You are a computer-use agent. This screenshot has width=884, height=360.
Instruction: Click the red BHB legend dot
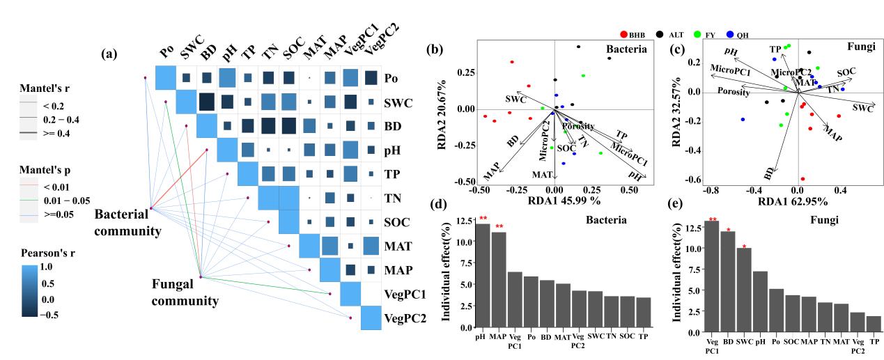click(624, 33)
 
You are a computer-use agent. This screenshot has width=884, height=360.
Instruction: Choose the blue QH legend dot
click(729, 33)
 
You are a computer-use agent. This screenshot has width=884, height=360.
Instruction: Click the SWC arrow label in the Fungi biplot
click(862, 109)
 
